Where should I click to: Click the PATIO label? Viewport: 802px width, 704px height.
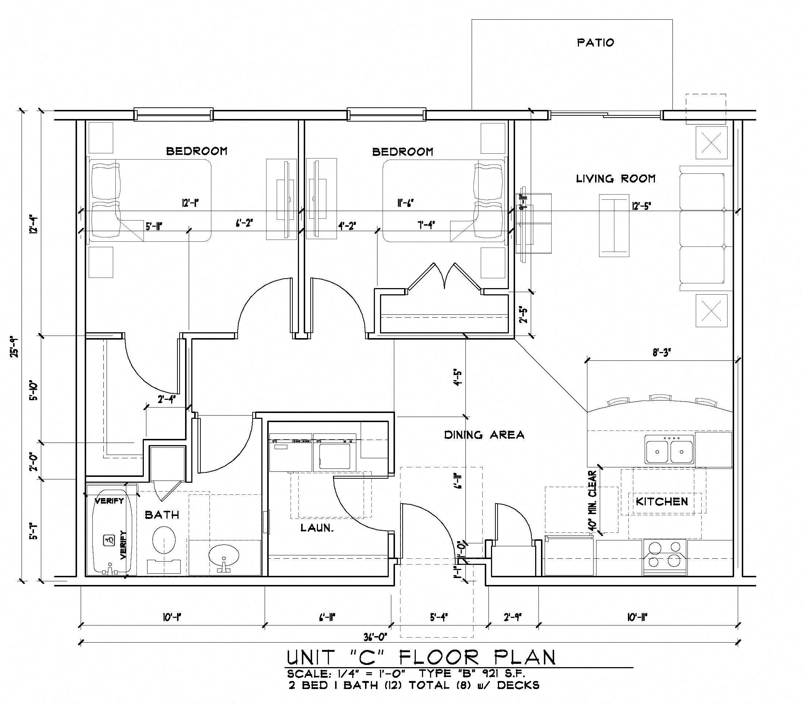click(x=595, y=42)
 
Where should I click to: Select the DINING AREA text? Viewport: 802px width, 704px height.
click(x=484, y=435)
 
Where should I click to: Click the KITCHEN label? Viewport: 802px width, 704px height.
click(x=661, y=501)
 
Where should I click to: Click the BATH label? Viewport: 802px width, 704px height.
click(x=162, y=515)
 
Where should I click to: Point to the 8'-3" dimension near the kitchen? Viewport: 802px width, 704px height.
click(x=661, y=353)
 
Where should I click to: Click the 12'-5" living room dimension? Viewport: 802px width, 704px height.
click(x=641, y=206)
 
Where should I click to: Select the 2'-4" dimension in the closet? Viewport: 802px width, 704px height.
click(x=166, y=399)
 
